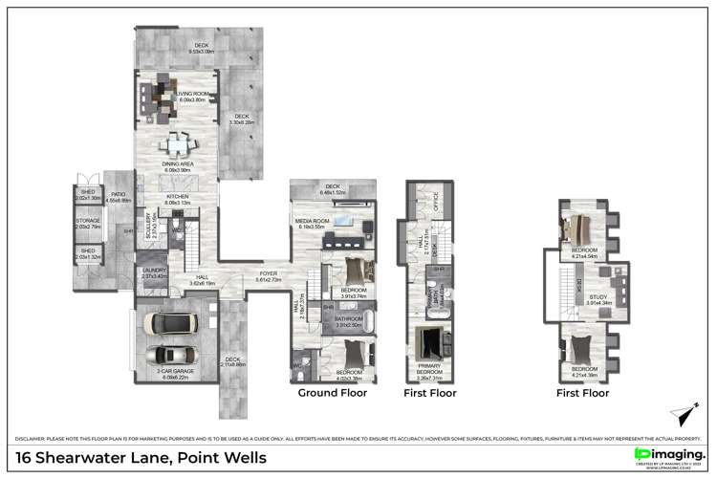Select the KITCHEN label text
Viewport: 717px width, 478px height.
pyautogui.click(x=179, y=198)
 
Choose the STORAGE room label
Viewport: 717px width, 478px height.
pyautogui.click(x=88, y=222)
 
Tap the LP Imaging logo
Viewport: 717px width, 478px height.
pyautogui.click(x=670, y=454)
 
